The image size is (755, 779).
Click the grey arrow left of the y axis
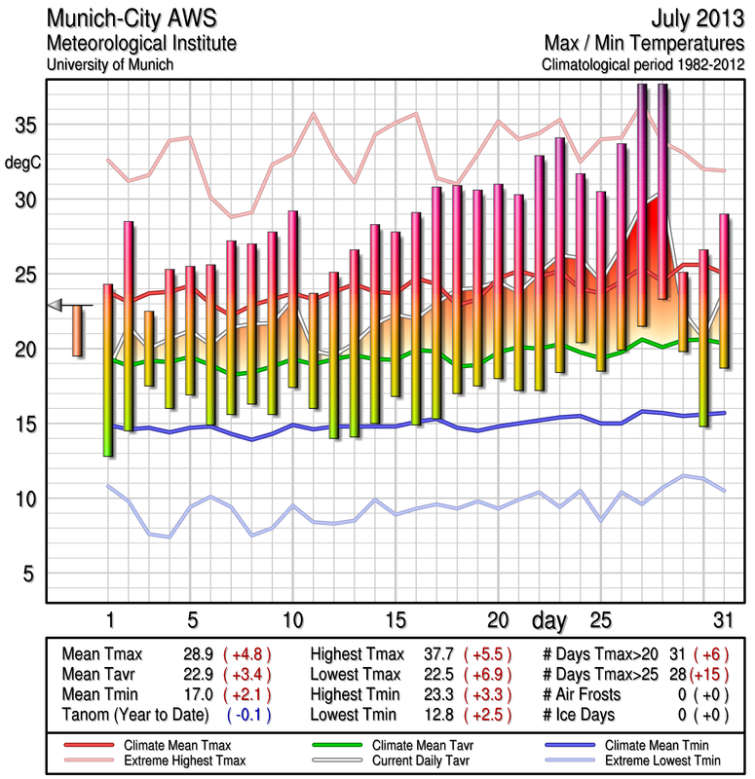[57, 306]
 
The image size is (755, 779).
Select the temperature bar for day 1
[108, 370]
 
